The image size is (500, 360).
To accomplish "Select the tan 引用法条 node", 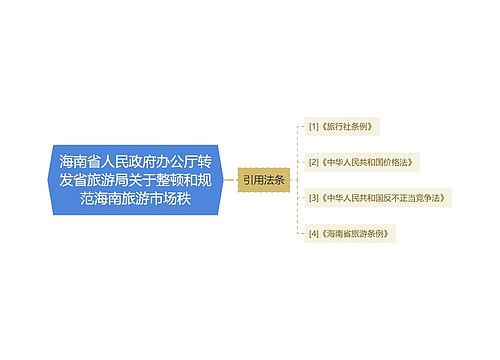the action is point(264,180).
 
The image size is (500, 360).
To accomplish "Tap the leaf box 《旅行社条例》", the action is point(343,127).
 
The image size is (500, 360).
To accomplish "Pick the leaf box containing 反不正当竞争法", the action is point(376,197).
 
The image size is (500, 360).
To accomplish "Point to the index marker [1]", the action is point(314,127).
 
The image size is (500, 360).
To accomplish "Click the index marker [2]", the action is point(314,161).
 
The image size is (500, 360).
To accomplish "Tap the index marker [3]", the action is point(314,197).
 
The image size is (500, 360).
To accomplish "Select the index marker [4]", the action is point(314,232).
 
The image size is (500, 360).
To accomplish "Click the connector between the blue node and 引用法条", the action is point(231,180).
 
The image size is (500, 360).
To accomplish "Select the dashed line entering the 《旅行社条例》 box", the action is point(300,127).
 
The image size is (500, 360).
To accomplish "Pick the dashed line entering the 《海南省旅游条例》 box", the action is point(300,232).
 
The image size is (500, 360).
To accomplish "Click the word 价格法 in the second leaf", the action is point(397,161).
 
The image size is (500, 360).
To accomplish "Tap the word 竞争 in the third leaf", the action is point(424,197).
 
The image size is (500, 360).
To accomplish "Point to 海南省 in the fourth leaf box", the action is point(341,232).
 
